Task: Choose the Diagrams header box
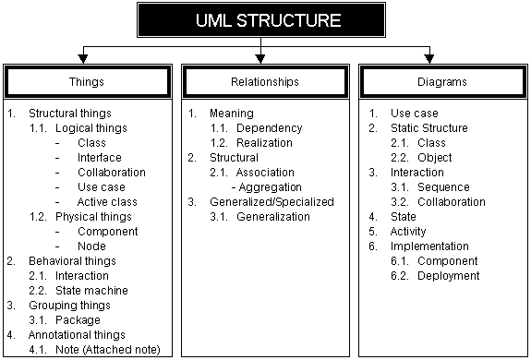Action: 443,81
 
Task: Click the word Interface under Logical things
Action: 100,158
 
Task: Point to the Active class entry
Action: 108,202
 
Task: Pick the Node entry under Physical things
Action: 92,246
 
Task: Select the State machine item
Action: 91,291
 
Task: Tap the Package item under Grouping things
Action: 78,320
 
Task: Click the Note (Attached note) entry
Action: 107,350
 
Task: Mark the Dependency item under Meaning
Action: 269,128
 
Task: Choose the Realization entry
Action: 264,143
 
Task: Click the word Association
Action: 265,173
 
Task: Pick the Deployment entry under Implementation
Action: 449,276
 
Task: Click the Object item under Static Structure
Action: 437,158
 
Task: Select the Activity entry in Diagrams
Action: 408,232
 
